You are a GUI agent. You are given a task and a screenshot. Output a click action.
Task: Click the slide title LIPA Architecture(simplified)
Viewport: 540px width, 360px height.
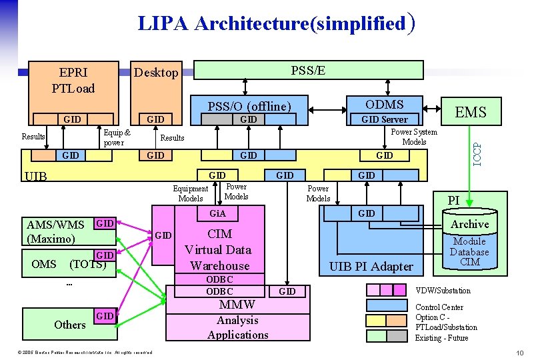(277, 23)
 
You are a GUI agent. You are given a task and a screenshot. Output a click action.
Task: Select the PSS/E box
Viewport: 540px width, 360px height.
(308, 70)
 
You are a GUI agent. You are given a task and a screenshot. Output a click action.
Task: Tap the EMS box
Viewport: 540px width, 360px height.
(471, 112)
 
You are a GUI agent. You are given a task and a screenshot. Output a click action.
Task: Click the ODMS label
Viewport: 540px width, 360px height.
(385, 104)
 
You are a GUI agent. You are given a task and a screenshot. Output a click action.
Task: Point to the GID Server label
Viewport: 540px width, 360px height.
(385, 119)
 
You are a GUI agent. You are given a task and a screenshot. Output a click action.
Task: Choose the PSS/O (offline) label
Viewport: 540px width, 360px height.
(249, 106)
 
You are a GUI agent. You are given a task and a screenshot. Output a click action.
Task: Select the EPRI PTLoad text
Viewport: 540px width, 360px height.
(73, 79)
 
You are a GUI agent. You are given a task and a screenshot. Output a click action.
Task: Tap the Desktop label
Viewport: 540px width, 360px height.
(156, 73)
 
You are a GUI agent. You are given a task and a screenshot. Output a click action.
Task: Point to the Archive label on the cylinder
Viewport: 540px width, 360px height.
(469, 224)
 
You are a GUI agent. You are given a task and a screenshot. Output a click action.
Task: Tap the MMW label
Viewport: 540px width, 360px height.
(237, 304)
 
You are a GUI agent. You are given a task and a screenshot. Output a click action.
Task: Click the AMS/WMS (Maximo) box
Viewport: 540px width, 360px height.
(56, 231)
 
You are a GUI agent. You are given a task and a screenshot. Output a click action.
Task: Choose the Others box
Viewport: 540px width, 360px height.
(69, 324)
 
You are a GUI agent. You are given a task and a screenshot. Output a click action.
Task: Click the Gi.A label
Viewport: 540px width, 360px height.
(218, 214)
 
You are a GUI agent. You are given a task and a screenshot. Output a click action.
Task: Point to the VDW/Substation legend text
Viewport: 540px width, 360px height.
(443, 291)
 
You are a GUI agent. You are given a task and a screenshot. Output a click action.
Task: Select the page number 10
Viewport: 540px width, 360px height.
(520, 352)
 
